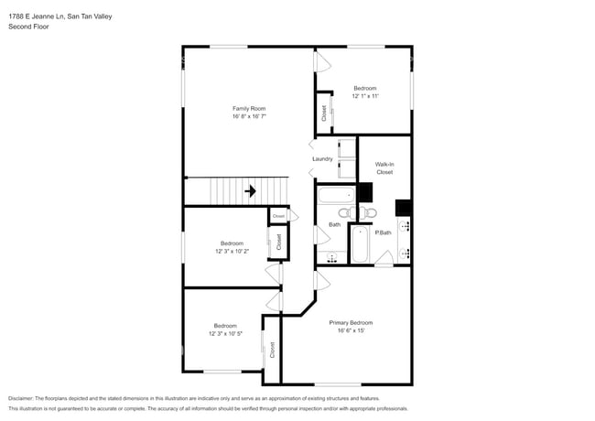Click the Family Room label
(x=249, y=109)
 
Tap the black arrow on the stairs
(x=249, y=192)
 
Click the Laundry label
(x=322, y=158)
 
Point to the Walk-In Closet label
(x=384, y=168)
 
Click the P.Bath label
(x=384, y=232)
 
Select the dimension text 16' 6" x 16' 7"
(x=249, y=117)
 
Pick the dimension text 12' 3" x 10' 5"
(x=225, y=333)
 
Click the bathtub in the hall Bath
(x=335, y=195)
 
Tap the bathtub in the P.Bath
(x=360, y=244)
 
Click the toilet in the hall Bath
(x=365, y=213)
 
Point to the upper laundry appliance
(x=347, y=149)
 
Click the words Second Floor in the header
(x=29, y=27)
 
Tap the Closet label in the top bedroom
(x=324, y=113)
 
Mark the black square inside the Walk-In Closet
(x=365, y=192)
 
